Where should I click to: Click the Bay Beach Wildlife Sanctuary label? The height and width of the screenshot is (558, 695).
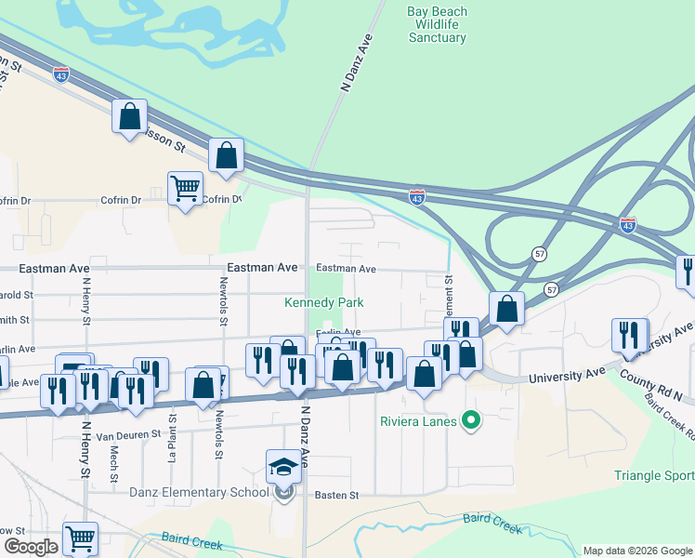pyautogui.click(x=437, y=25)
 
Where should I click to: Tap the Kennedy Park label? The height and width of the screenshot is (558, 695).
pyautogui.click(x=323, y=302)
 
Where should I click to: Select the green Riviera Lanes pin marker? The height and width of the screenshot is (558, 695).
pyautogui.click(x=471, y=420)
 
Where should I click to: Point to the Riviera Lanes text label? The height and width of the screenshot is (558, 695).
pyautogui.click(x=418, y=421)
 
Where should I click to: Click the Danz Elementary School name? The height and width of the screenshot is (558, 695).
pyautogui.click(x=200, y=492)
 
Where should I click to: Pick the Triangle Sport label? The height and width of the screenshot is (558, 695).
pyautogui.click(x=654, y=475)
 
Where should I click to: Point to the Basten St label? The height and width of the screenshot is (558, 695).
pyautogui.click(x=335, y=496)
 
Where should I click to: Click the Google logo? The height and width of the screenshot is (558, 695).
pyautogui.click(x=31, y=548)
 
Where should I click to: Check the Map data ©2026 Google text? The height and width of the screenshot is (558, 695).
pyautogui.click(x=637, y=551)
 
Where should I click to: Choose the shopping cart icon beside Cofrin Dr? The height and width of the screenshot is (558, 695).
pyautogui.click(x=185, y=189)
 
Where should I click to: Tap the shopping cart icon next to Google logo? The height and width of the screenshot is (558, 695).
pyautogui.click(x=80, y=538)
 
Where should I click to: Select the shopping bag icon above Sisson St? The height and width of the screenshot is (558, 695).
pyautogui.click(x=129, y=116)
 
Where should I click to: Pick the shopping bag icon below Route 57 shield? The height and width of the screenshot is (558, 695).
pyautogui.click(x=507, y=309)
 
